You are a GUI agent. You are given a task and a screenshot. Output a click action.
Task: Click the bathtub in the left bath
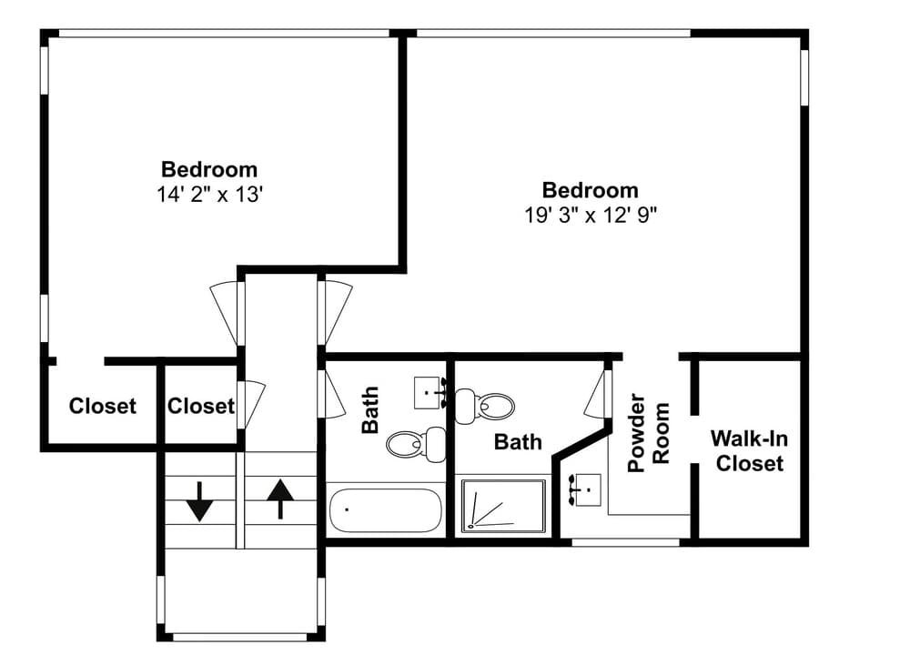coord(385,510)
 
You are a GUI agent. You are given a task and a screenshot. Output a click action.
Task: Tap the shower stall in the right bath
coord(504,505)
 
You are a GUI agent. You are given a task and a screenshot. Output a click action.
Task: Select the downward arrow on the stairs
coord(199,501)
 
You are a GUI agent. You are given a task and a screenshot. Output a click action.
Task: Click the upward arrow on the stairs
coord(281,499)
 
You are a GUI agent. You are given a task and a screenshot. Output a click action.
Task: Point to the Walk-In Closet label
coord(749,451)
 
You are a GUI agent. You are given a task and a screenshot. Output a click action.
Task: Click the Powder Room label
coord(649,433)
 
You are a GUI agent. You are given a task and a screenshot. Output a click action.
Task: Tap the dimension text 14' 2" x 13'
coord(210,195)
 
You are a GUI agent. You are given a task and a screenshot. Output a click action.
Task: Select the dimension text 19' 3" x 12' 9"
coord(591,216)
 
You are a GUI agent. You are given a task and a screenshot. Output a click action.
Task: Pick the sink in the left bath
coord(430,392)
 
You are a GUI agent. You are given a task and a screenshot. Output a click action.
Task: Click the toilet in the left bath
coord(416,445)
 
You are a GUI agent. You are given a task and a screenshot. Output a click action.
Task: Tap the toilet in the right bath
coord(485,406)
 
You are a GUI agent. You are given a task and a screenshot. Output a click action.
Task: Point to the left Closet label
coord(103,406)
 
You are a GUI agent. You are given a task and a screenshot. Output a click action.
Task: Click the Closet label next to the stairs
coord(201,406)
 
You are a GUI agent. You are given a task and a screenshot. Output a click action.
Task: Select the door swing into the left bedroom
coord(224,313)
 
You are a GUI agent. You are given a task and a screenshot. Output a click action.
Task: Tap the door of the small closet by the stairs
coord(253,405)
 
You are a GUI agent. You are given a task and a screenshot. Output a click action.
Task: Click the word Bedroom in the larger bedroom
coord(591,190)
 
